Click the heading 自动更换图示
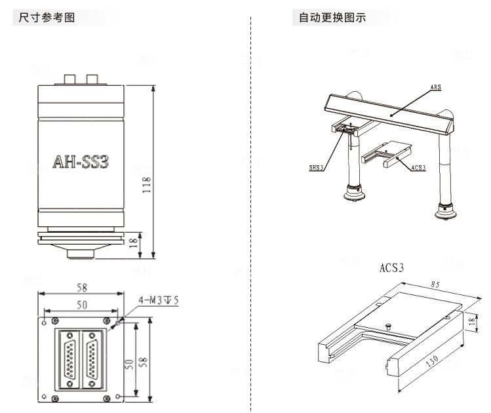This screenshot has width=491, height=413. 332,18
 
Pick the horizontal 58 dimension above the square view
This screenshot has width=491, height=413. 82,288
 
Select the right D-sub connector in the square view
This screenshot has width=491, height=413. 91,358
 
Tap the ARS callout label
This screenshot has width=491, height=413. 435,86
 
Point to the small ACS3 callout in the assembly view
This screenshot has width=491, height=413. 419,168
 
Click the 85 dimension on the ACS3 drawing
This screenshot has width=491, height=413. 437,286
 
